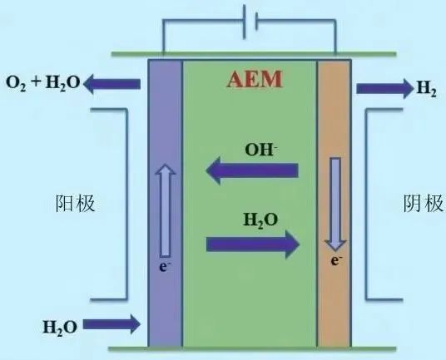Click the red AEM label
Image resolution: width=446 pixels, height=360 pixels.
(x=255, y=79)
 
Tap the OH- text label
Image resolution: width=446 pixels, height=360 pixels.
(x=260, y=150)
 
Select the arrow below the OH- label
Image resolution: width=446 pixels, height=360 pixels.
(x=252, y=170)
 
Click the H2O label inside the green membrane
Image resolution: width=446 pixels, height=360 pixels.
(x=260, y=220)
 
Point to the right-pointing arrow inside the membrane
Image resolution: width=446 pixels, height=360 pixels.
(x=253, y=244)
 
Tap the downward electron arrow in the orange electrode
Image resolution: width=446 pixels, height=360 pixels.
(x=335, y=204)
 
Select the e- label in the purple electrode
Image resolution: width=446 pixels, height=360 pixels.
(x=165, y=267)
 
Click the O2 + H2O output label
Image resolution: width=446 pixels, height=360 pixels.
(x=43, y=83)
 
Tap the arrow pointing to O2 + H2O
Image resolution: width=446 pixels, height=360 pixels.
(x=112, y=84)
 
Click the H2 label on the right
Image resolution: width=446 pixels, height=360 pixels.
(x=426, y=89)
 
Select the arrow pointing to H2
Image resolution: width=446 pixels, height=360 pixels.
(x=384, y=89)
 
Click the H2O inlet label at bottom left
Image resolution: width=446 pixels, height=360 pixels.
(x=60, y=328)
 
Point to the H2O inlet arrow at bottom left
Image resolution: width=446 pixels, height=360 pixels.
(x=111, y=324)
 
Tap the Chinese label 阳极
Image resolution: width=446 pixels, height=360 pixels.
(x=75, y=204)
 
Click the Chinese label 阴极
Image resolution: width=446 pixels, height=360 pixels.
(x=424, y=204)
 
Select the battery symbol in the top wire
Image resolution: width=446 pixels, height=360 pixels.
(x=250, y=22)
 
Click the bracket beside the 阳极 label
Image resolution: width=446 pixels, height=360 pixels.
(x=126, y=204)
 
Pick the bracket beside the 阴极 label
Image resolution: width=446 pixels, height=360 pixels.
(x=366, y=204)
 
